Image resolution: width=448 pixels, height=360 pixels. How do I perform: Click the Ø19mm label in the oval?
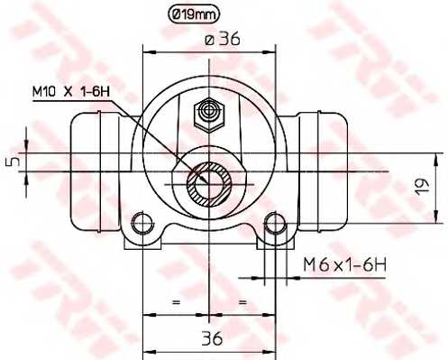pyautogui.click(x=194, y=14)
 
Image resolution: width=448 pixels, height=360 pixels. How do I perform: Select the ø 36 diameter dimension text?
pyautogui.click(x=223, y=40)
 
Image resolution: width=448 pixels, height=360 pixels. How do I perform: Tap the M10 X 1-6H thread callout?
pyautogui.click(x=71, y=91)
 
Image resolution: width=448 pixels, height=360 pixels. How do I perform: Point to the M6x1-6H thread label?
pyautogui.click(x=344, y=264)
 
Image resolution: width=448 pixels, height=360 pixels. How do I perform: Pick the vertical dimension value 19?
pyautogui.click(x=423, y=187)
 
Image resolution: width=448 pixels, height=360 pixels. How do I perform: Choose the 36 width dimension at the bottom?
pyautogui.click(x=212, y=338)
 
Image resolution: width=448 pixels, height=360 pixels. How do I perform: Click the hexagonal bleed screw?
pyautogui.click(x=209, y=115)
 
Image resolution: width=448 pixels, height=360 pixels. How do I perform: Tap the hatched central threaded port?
pyautogui.click(x=209, y=184)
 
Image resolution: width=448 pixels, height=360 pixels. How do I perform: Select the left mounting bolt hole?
pyautogui.click(x=141, y=223)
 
